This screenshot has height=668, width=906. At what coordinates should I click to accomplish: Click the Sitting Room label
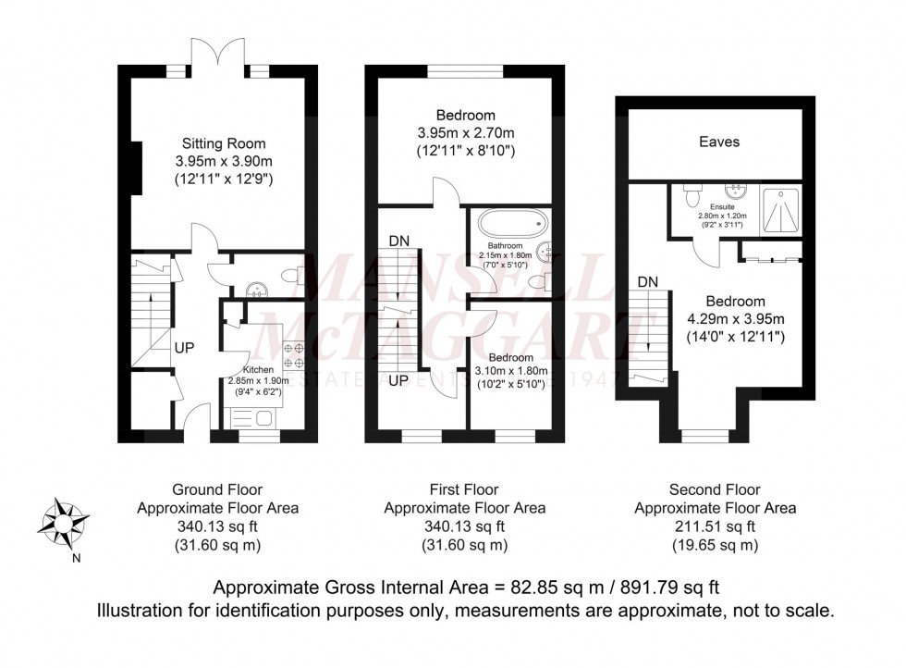pyautogui.click(x=223, y=143)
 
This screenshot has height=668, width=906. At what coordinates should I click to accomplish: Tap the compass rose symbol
pyautogui.click(x=62, y=520)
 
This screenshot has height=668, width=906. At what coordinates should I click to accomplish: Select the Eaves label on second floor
pyautogui.click(x=718, y=142)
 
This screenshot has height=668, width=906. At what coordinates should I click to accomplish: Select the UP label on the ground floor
pyautogui.click(x=183, y=349)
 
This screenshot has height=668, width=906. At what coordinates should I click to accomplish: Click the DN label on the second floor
pyautogui.click(x=648, y=281)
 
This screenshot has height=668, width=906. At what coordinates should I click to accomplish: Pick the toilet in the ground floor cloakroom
pyautogui.click(x=289, y=274)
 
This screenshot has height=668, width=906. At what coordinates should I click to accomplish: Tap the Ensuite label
pyautogui.click(x=723, y=207)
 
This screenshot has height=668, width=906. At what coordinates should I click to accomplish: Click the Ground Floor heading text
pyautogui.click(x=217, y=489)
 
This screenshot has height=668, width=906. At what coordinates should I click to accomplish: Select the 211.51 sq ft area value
pyautogui.click(x=715, y=526)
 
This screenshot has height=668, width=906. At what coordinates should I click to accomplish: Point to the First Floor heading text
pyautogui.click(x=464, y=489)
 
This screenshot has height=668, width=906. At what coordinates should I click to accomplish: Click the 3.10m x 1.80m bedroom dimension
pyautogui.click(x=510, y=372)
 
